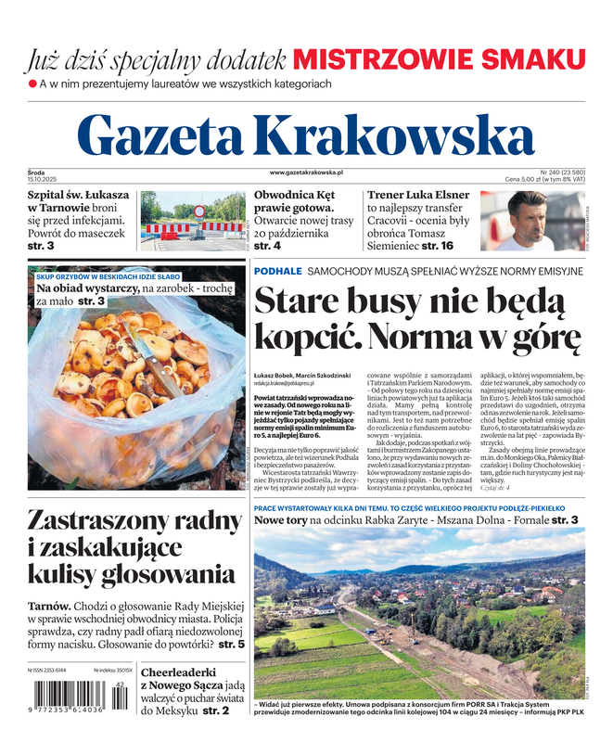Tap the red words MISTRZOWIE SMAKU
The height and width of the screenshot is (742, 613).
coord(439,60)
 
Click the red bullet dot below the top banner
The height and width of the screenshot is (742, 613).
coord(32,84)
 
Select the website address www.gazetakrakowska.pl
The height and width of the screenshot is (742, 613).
coord(306,173)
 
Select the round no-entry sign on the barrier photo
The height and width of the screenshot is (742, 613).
coord(199,211)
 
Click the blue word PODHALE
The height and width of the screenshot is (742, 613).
coord(277,271)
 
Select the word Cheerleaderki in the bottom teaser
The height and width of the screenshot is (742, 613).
coord(190,672)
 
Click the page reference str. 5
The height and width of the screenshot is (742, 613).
coord(227,643)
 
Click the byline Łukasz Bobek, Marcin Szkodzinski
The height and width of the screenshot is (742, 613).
coord(302,375)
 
